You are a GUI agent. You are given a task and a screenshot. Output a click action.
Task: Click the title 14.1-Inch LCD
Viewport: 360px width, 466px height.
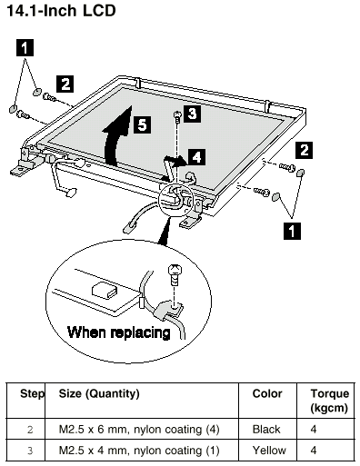click(x=61, y=11)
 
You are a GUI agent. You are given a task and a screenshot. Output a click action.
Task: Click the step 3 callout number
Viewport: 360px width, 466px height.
click(x=192, y=114)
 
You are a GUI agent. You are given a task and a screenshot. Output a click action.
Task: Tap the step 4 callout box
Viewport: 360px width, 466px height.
click(x=196, y=157)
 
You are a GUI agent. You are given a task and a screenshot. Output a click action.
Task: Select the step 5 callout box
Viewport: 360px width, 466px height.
click(x=143, y=124)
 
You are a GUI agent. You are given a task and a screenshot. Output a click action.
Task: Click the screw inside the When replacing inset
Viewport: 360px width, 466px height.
click(x=175, y=274)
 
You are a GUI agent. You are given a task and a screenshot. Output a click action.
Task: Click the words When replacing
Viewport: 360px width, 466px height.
click(x=119, y=332)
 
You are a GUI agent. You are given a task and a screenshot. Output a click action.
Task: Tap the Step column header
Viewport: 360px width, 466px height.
click(x=32, y=393)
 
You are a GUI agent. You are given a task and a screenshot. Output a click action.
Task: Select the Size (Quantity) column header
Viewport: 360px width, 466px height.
click(x=99, y=393)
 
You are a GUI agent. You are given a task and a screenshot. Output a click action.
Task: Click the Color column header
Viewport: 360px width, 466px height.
click(x=267, y=393)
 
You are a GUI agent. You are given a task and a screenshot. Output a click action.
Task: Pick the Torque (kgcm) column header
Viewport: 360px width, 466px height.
click(x=329, y=401)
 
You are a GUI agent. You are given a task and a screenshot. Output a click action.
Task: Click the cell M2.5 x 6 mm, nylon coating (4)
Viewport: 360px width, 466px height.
click(x=139, y=429)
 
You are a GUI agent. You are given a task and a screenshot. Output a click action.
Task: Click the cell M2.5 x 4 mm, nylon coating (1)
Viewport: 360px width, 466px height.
click(x=139, y=451)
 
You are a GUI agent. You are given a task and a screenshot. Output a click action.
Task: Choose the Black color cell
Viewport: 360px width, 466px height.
click(x=266, y=429)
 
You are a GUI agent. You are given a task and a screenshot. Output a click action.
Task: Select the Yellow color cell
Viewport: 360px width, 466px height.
click(x=269, y=451)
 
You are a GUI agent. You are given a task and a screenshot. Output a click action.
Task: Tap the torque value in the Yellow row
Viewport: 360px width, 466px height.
click(x=314, y=451)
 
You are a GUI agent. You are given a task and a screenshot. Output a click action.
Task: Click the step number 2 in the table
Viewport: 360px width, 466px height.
click(x=30, y=430)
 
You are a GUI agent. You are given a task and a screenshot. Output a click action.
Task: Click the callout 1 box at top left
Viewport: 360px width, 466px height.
click(x=25, y=47)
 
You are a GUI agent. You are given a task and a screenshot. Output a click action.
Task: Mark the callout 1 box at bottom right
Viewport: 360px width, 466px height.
click(x=292, y=231)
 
